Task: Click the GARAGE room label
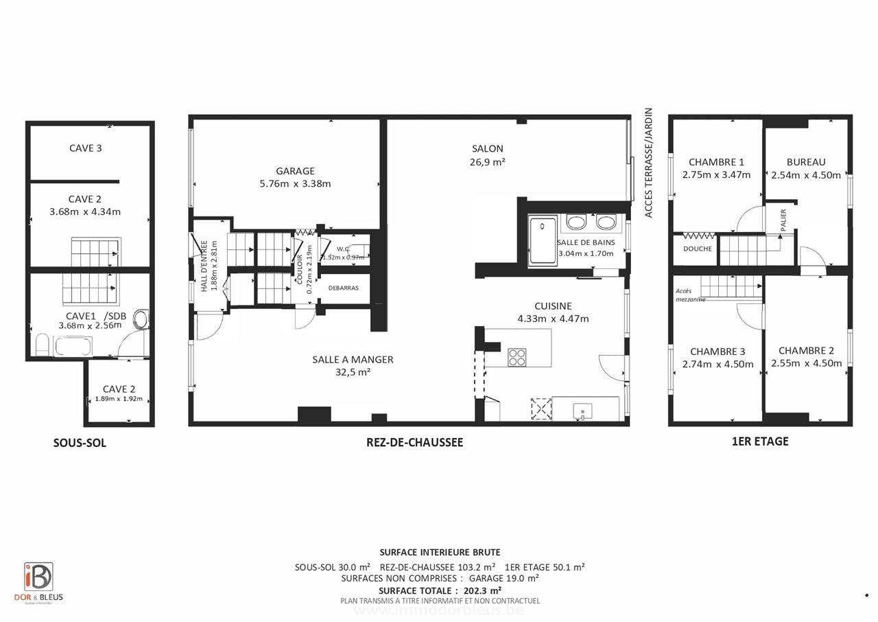[295, 171]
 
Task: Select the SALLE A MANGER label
[353, 360]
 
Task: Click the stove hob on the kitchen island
[517, 357]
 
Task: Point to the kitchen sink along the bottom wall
[582, 410]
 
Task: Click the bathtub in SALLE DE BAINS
[543, 240]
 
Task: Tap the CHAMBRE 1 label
[716, 162]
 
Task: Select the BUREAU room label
[806, 162]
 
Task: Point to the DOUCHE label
[698, 249]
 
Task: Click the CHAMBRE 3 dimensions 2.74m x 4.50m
[717, 365]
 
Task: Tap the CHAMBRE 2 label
[806, 350]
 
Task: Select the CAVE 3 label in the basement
[86, 148]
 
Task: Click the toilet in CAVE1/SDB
[141, 320]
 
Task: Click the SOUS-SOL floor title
[80, 444]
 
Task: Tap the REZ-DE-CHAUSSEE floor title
[414, 443]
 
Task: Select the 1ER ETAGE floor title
[760, 441]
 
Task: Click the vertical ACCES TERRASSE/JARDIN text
[648, 163]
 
